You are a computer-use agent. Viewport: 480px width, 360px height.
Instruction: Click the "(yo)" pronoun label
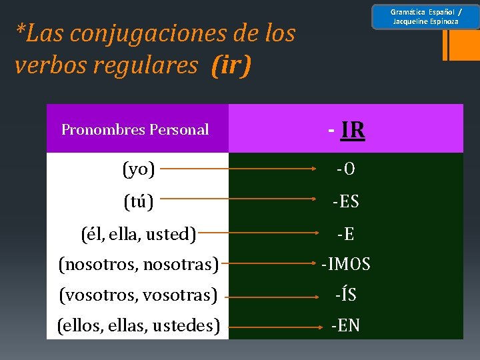click(139, 169)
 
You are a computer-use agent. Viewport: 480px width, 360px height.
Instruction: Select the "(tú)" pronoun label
click(139, 201)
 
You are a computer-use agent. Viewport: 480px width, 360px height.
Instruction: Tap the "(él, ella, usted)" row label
click(138, 234)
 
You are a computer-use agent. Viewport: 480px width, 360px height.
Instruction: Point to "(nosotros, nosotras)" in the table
click(138, 265)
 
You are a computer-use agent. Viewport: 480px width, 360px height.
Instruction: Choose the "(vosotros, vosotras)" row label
click(138, 294)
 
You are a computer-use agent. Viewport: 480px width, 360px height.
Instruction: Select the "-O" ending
click(345, 171)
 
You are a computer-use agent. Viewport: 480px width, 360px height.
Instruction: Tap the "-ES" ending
click(346, 201)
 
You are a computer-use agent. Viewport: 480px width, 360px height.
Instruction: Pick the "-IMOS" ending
click(345, 265)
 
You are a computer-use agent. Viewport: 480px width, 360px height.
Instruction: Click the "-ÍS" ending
click(345, 294)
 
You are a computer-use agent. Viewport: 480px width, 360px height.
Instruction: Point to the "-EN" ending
click(345, 325)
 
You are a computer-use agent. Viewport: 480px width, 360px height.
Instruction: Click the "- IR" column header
click(346, 130)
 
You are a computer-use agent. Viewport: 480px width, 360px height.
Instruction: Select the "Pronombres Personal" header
click(135, 130)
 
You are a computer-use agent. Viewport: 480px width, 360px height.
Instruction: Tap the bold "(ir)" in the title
click(231, 65)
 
